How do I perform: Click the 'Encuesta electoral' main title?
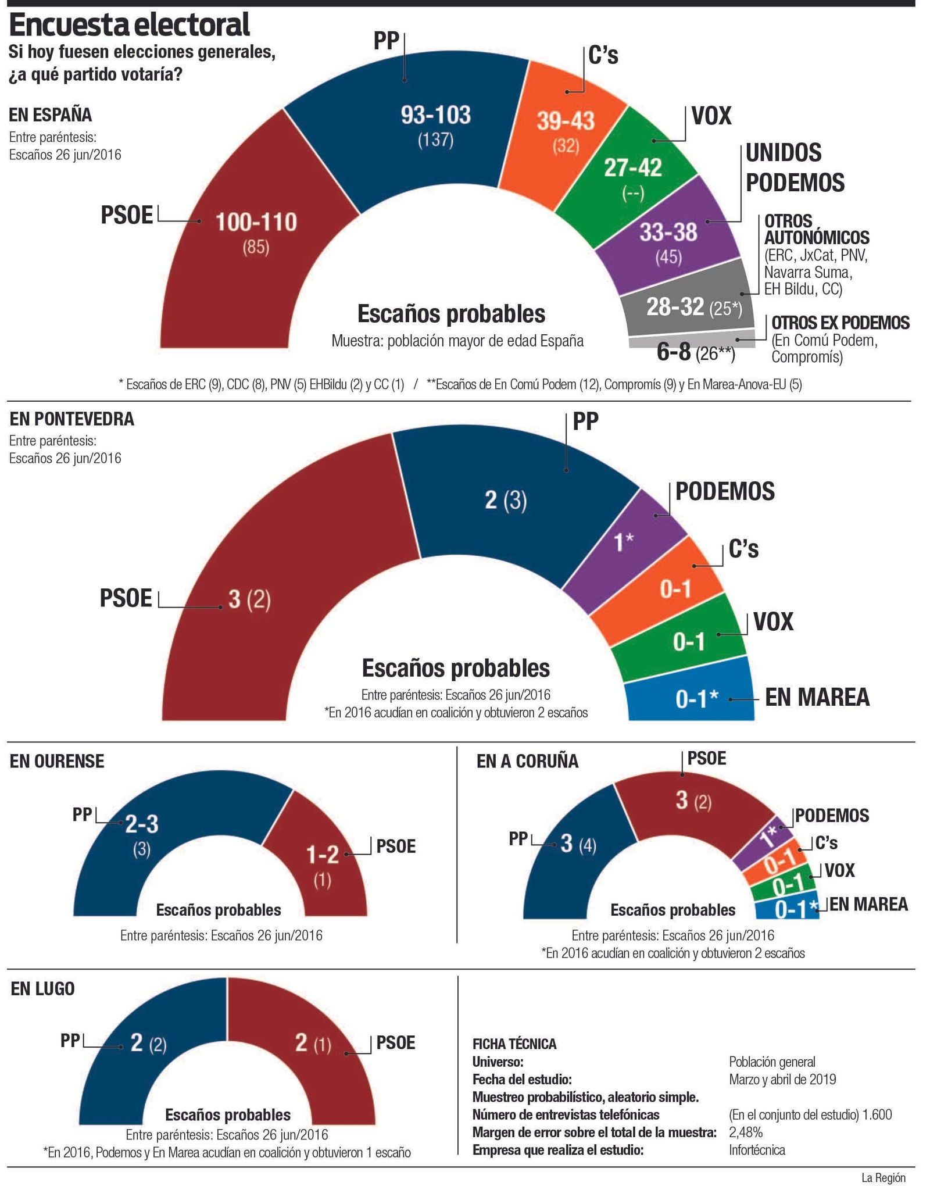pos(129,25)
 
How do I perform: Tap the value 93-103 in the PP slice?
pos(435,115)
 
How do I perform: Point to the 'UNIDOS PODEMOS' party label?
pos(795,167)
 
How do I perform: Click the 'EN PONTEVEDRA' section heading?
pos(71,419)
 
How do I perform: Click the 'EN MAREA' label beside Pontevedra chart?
pos(817,697)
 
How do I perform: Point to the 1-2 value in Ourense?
pos(322,854)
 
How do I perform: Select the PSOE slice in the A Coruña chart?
pos(692,802)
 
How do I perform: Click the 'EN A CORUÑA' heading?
pos(527,762)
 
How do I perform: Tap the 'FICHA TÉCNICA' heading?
pos(514,1044)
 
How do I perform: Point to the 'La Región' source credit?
pos(883,1178)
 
